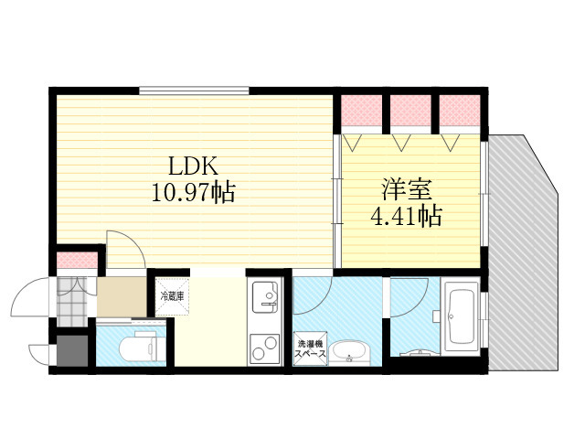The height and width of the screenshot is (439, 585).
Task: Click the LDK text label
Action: tap(193, 166)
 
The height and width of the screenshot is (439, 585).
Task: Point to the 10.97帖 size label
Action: tap(193, 192)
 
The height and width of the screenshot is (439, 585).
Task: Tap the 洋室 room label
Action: tap(406, 189)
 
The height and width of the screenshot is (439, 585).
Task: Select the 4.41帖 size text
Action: tap(406, 216)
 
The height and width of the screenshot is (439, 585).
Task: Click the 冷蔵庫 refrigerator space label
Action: tap(172, 296)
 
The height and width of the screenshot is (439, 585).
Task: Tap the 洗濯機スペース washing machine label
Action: tap(311, 348)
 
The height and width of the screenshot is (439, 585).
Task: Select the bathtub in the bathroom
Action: tap(460, 316)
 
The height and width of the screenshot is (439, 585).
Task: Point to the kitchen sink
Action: tap(265, 296)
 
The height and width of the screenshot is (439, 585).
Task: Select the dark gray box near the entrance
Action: tap(72, 350)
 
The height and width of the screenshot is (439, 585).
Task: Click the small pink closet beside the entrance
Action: tap(77, 260)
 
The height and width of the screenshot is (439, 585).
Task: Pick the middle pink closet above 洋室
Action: tap(410, 111)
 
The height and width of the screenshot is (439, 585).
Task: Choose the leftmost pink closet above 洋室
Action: tap(362, 111)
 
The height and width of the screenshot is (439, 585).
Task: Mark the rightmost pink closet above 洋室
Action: tap(460, 111)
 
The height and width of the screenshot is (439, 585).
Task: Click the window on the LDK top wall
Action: tap(194, 91)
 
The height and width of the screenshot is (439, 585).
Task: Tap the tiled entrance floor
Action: tap(72, 302)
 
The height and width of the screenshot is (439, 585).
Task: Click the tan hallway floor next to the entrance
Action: tap(122, 296)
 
